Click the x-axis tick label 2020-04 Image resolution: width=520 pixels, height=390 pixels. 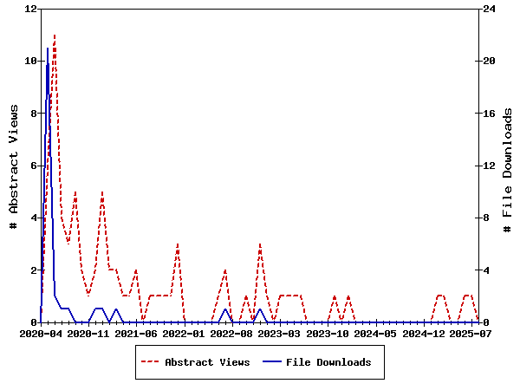[41, 333]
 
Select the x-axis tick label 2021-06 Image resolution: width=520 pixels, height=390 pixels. [137, 333]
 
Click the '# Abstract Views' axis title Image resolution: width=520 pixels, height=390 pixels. [14, 166]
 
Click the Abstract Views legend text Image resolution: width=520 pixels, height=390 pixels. [207, 362]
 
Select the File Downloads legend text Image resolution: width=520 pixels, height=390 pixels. [328, 362]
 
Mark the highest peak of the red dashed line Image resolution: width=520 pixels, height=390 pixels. [55, 36]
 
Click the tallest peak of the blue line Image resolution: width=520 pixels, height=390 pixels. [48, 49]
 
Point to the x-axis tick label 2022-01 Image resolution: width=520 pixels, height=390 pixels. [184, 333]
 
